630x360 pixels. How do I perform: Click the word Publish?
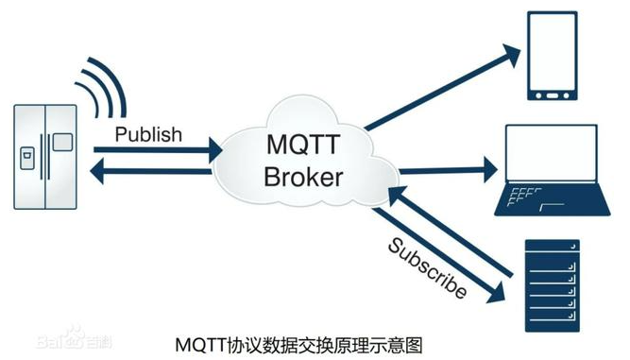point(148,134)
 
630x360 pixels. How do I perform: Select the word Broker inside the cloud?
point(304,177)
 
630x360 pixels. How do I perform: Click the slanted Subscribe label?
point(427,267)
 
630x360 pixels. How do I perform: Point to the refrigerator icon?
point(46,157)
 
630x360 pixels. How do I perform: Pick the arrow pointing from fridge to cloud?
point(156,149)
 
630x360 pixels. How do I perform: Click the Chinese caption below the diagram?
point(299,340)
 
